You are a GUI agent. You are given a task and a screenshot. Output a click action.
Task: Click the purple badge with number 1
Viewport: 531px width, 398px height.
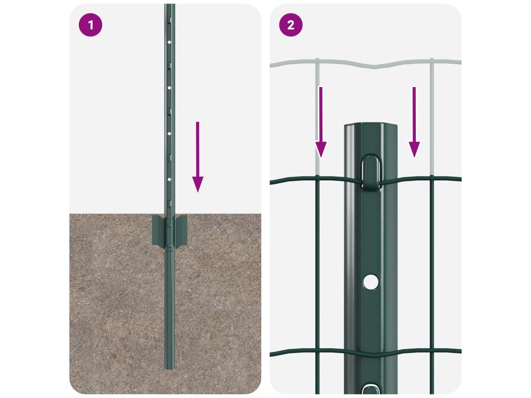coord(90,25)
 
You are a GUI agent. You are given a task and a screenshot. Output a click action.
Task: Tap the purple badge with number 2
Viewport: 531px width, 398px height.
coord(290,25)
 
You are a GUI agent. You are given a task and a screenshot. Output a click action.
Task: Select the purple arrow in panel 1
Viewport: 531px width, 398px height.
coord(198,157)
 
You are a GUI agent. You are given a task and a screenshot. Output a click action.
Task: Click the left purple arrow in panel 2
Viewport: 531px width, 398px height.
coord(320,122)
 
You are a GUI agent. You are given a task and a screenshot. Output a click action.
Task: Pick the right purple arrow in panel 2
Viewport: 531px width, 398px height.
coord(414,122)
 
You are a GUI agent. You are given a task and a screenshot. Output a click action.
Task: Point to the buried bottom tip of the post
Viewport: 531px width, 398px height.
coord(170,368)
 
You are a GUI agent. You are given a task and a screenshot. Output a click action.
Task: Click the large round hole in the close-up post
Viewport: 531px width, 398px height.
coord(371,281)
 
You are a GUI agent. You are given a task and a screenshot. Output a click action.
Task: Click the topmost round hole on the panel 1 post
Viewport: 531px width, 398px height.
coord(170,42)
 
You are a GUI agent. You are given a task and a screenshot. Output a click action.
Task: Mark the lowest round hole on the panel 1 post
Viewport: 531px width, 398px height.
coord(170,179)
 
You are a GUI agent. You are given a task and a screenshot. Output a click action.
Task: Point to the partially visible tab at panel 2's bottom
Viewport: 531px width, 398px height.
coord(371,389)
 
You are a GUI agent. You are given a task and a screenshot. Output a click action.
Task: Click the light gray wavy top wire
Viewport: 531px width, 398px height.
coord(366,63)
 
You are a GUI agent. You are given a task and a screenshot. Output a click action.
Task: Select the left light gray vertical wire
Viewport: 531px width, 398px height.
coord(317,117)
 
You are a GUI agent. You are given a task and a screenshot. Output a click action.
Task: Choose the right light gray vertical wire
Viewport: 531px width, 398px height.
coord(432,117)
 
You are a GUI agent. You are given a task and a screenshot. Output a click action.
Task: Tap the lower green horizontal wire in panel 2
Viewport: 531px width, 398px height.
coord(366,352)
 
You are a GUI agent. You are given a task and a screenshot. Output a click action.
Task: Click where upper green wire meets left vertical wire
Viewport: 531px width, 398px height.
coord(318,178)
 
